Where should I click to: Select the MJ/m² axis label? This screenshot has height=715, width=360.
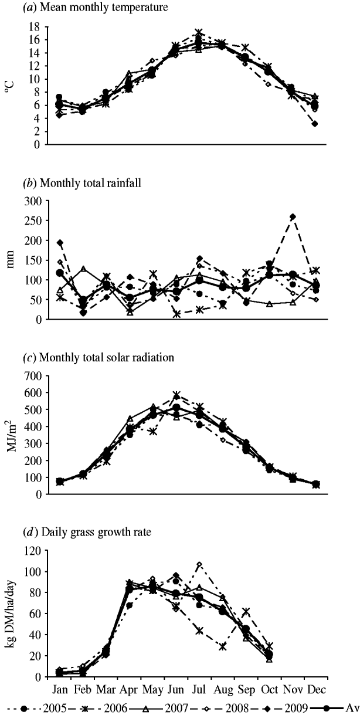[x=10, y=435]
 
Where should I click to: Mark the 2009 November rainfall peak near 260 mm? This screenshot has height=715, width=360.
[x=293, y=217]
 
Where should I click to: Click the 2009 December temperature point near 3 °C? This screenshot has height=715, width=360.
[x=315, y=124]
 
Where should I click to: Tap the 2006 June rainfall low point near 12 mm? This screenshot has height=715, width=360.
[x=176, y=314]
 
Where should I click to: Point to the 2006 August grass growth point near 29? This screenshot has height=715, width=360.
[x=223, y=646]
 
